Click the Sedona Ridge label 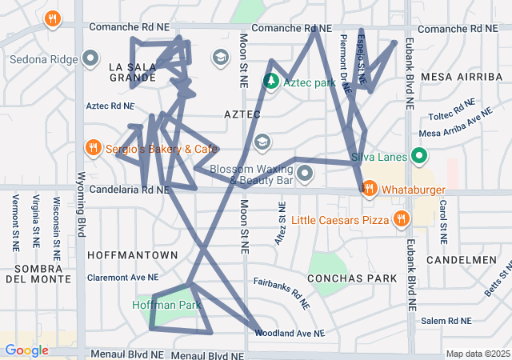pyautogui.click(x=43, y=59)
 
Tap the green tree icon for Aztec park pyautogui.click(x=271, y=82)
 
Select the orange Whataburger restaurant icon pyautogui.click(x=369, y=189)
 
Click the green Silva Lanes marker pyautogui.click(x=418, y=157)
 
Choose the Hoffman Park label pyautogui.click(x=166, y=306)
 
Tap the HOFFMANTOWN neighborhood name pyautogui.click(x=133, y=254)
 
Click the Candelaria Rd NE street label pyautogui.click(x=130, y=190)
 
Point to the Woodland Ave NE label pyautogui.click(x=290, y=333)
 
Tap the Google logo pyautogui.click(x=26, y=350)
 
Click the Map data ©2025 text pyautogui.click(x=477, y=354)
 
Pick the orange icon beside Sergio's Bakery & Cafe pyautogui.click(x=94, y=148)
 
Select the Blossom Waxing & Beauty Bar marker pyautogui.click(x=304, y=174)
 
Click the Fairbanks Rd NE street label pyautogui.click(x=282, y=293)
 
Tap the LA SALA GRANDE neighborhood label pyautogui.click(x=132, y=72)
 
